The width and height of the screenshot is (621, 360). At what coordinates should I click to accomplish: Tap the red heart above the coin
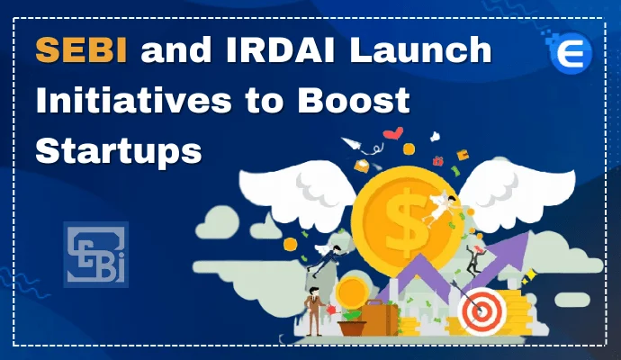tap(393, 134)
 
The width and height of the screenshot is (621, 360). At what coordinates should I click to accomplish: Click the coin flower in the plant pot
tap(350, 293)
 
